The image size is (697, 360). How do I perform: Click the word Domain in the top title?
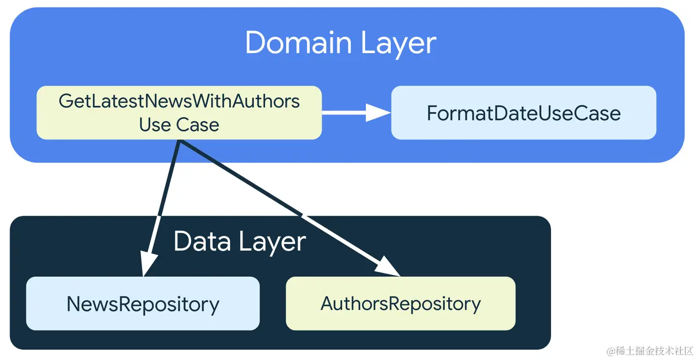(x=298, y=43)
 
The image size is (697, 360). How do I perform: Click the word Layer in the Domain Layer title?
(x=399, y=44)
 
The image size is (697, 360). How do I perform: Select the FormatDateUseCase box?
(x=524, y=113)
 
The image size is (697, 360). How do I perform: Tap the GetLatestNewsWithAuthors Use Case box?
(x=179, y=113)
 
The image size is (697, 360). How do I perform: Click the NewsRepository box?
(x=143, y=303)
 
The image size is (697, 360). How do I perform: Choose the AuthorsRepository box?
(x=401, y=303)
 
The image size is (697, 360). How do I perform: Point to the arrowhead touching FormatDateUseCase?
(x=378, y=113)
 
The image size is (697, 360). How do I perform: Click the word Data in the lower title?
(x=202, y=241)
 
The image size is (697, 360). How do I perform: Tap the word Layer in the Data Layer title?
(x=273, y=243)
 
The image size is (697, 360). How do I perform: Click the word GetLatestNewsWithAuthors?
(x=179, y=101)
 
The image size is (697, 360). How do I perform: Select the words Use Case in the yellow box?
(x=179, y=125)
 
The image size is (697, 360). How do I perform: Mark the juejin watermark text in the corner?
(x=650, y=351)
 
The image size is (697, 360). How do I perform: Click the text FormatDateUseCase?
(x=524, y=113)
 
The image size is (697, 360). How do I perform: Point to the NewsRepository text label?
(x=143, y=304)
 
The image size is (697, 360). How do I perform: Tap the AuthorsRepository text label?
(x=401, y=304)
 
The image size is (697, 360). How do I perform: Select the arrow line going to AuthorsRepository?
(x=289, y=208)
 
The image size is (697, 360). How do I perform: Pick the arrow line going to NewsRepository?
(x=161, y=208)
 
